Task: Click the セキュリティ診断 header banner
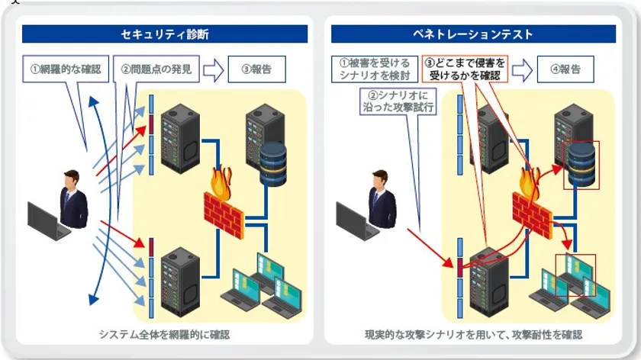click(x=165, y=34)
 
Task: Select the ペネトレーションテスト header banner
click(x=473, y=34)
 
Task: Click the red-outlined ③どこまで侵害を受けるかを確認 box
click(x=465, y=69)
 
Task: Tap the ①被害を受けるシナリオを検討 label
click(x=374, y=69)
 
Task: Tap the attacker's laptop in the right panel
click(x=357, y=221)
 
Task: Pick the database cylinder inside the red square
click(x=580, y=163)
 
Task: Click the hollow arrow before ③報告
click(x=214, y=70)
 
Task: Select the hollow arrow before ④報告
click(x=522, y=70)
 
